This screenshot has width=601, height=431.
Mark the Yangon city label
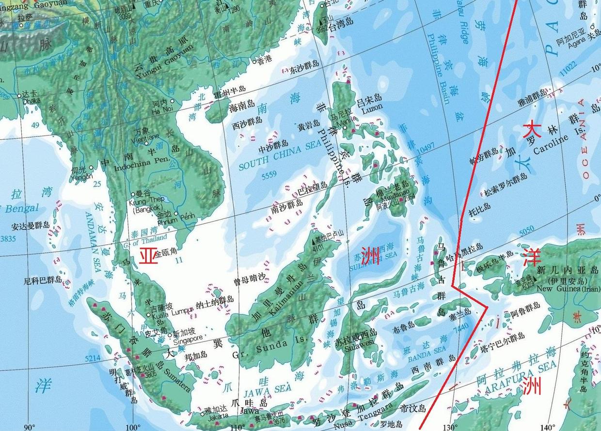81,177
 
